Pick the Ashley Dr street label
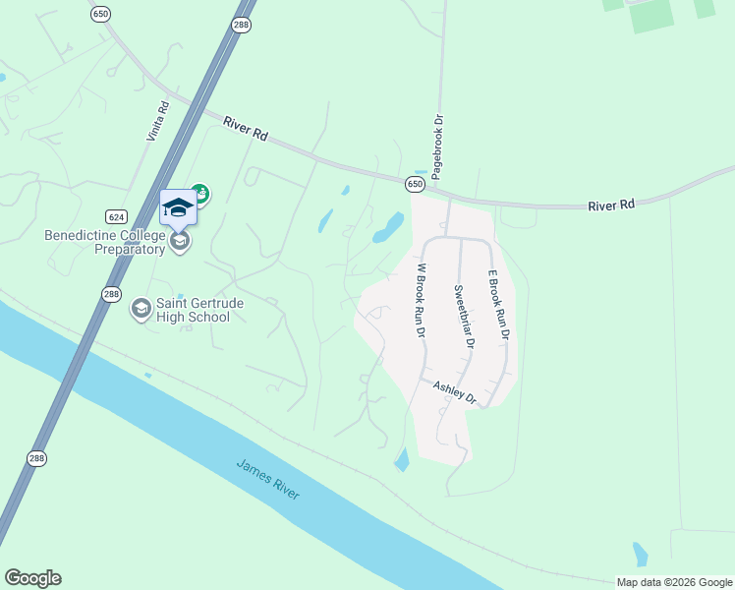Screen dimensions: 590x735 (x=454, y=393)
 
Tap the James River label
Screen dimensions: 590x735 (x=267, y=479)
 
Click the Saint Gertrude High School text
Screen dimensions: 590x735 (x=194, y=310)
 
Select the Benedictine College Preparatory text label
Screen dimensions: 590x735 (x=104, y=242)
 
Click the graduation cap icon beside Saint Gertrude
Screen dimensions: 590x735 (x=141, y=310)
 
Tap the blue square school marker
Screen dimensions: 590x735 (x=178, y=207)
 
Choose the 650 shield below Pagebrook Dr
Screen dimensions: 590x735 (x=416, y=184)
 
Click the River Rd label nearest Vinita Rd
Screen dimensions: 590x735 (x=246, y=126)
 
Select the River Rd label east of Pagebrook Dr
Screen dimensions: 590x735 (x=611, y=205)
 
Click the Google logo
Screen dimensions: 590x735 (x=32, y=578)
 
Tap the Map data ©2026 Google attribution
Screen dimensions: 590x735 (x=674, y=582)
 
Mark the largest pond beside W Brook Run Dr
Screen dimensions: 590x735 (x=388, y=228)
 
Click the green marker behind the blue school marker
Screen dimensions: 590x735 (x=200, y=193)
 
